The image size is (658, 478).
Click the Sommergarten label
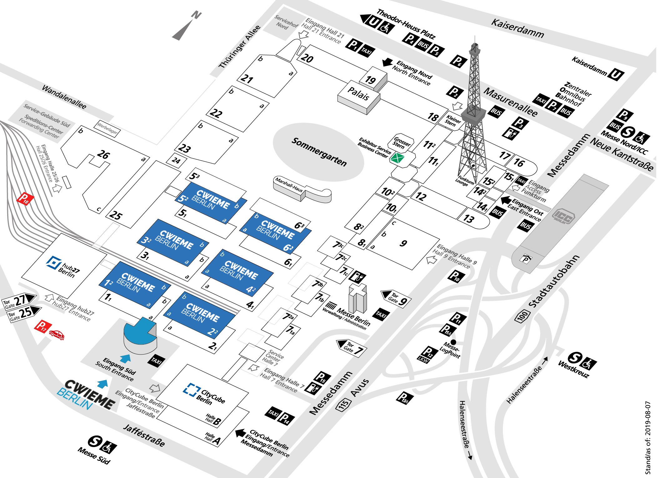pos(319,152)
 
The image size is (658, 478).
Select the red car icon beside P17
pos(57,335)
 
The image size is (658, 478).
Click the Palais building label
pos(358,93)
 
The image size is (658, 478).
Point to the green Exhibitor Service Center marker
pos(397,158)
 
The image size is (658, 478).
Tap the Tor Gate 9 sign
pos(396,299)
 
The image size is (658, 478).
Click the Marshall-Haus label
pos(289,185)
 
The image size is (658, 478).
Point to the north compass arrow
pos(184,28)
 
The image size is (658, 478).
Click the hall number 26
pos(103,154)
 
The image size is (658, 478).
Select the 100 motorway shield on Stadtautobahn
pos(522,316)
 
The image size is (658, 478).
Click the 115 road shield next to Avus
pos(344,404)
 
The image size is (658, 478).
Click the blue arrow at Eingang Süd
pos(125,358)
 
